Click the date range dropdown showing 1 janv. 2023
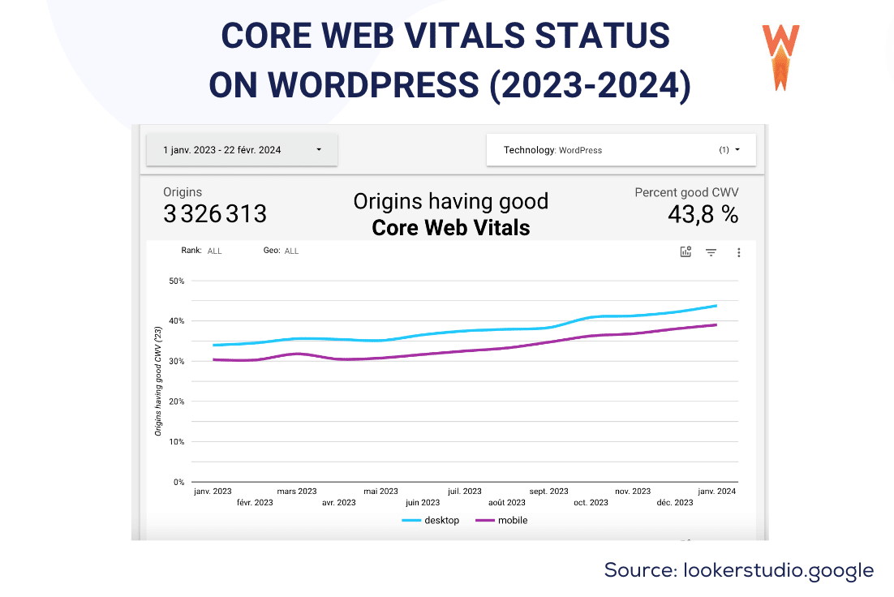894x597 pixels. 242,150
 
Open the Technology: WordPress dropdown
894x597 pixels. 621,150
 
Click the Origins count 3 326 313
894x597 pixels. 215,214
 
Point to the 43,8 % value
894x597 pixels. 703,214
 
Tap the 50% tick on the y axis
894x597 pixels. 176,281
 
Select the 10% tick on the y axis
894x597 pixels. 176,442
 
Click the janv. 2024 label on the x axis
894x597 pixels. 716,492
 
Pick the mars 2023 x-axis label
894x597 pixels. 297,492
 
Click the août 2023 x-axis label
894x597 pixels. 507,503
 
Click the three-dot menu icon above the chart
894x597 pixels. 738,252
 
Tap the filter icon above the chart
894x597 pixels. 711,252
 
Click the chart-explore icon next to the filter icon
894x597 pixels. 686,252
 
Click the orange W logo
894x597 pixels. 780,57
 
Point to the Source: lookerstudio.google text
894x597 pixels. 738,570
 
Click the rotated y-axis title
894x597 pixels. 158,381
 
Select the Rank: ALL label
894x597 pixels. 201,251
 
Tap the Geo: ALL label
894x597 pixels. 281,251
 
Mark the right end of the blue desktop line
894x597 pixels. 716,306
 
